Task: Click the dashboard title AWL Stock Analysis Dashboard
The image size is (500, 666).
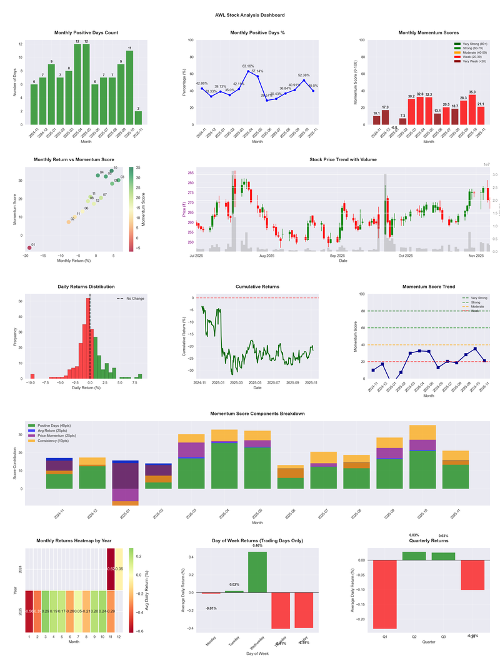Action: coord(249,15)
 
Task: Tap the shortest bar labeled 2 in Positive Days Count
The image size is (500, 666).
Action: coord(137,117)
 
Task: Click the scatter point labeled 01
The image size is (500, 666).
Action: coord(29,248)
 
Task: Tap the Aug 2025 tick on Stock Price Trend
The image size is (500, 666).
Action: coord(267,256)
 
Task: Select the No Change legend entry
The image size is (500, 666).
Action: coord(134,299)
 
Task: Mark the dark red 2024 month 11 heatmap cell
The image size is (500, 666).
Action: coord(111,569)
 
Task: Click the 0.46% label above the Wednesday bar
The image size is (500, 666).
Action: coord(257,546)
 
